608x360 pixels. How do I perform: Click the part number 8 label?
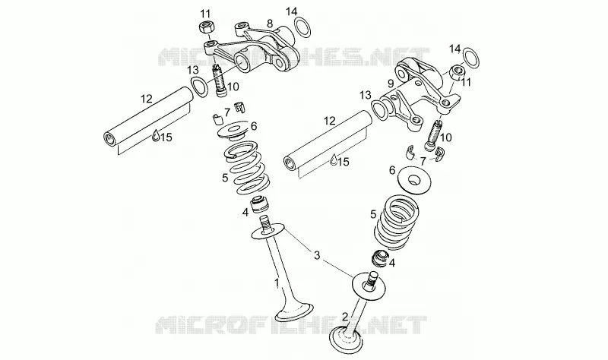click(270, 24)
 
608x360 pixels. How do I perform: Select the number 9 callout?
click(391, 83)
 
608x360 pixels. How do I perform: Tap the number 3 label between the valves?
click(317, 255)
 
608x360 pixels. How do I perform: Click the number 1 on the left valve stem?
click(277, 283)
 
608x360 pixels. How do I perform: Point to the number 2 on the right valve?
click(345, 317)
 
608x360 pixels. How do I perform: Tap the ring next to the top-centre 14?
click(302, 28)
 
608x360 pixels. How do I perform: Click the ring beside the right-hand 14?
click(470, 57)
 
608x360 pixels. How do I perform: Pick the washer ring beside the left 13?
click(200, 87)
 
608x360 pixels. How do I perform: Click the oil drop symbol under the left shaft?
click(156, 135)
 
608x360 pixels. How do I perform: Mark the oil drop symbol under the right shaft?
click(334, 160)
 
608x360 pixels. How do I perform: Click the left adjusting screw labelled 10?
click(219, 81)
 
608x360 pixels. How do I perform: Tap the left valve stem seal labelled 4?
click(258, 204)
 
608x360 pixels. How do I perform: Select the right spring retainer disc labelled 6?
click(414, 179)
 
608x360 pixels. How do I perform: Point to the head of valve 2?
click(346, 340)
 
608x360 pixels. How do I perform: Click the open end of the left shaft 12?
click(109, 138)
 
